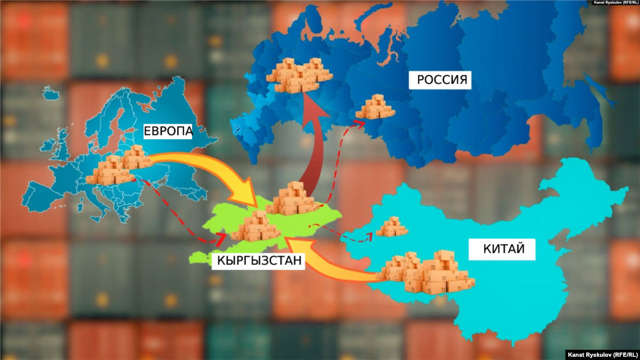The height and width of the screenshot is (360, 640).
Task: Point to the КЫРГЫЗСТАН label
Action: [258, 261]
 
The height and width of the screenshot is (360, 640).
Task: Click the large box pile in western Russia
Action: [298, 75]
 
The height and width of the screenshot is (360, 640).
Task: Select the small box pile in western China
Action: [392, 226]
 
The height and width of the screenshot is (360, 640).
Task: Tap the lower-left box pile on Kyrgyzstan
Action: [256, 227]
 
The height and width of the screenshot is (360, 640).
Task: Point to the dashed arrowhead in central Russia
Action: [361, 123]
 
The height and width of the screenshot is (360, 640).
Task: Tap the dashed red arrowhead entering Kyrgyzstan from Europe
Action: [220, 239]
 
